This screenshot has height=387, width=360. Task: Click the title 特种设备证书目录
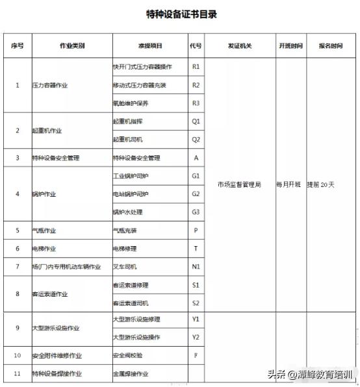[x=181, y=14]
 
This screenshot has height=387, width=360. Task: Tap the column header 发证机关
[x=239, y=46]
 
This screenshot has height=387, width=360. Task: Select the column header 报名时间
[x=330, y=46]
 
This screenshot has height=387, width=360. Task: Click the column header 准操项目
[x=150, y=46]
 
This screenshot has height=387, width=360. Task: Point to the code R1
[x=196, y=67]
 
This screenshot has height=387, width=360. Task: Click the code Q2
[x=196, y=140]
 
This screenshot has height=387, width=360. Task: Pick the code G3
[x=196, y=212]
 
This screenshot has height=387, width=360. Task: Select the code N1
[x=196, y=267]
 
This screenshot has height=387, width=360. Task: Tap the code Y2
[x=196, y=337]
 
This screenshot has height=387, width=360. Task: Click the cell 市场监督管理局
[x=239, y=185]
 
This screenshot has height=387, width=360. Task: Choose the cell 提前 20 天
[x=321, y=185]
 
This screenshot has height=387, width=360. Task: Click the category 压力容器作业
[x=50, y=86]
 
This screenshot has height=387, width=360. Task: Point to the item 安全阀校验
[x=127, y=356]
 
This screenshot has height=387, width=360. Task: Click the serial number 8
[x=18, y=293]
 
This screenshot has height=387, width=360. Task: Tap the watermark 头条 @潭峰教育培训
[x=310, y=375]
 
